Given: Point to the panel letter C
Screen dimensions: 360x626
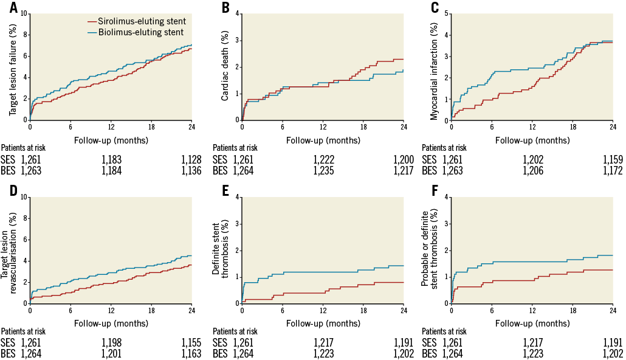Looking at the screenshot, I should [435, 7].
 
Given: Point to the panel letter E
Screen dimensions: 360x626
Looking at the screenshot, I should [225, 190].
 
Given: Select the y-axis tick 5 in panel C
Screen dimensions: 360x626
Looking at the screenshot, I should [447, 13].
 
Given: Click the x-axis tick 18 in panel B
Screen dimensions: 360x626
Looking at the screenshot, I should [363, 126].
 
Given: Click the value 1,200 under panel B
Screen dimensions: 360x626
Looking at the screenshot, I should [401, 159].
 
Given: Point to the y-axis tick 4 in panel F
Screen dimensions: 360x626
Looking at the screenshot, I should [447, 197].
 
